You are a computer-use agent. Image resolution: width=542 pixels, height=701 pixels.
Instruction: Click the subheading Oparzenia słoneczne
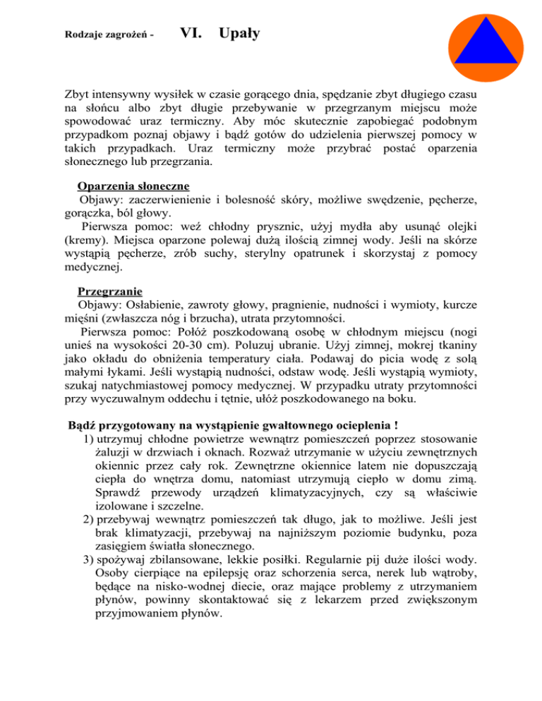(133, 187)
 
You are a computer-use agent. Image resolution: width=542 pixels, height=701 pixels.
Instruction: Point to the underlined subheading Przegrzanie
(109, 291)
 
